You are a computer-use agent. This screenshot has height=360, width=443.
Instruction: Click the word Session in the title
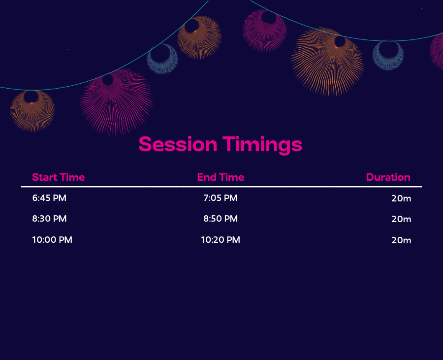pos(178,144)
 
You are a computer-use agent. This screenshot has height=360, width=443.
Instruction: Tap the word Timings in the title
pos(262,145)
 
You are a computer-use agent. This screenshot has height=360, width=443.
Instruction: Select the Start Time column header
pos(59,177)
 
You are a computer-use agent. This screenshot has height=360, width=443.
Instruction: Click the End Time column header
pos(221,177)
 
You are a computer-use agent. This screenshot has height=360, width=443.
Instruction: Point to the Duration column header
pos(388,177)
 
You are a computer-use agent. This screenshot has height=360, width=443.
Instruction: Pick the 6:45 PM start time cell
pos(49,198)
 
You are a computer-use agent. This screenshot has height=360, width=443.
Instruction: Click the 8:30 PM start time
pos(49,219)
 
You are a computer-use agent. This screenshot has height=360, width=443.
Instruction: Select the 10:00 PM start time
pos(52,240)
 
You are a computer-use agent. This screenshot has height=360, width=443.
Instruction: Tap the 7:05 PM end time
pos(221,198)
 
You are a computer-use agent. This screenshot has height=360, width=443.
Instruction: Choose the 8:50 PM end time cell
pos(221,219)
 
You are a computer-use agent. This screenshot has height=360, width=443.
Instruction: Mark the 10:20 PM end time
pos(221,240)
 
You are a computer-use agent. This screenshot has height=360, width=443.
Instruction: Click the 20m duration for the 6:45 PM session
pos(401,198)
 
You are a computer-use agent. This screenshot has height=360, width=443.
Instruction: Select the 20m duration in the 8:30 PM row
pos(401,219)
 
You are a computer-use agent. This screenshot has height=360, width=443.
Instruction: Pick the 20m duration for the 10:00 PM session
pos(401,240)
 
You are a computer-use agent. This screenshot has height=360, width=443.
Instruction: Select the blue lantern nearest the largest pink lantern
pos(162,68)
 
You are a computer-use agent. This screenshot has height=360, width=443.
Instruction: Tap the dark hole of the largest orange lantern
pos(340,41)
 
